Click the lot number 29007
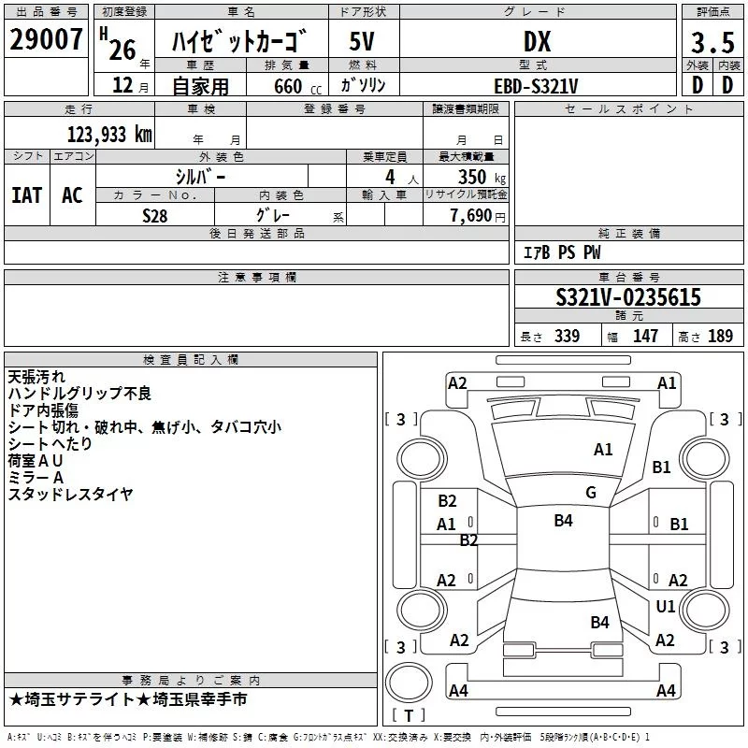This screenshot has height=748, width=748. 47,40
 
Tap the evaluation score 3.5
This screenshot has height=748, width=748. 711,42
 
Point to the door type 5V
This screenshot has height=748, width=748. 364,42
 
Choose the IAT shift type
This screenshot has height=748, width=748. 26,195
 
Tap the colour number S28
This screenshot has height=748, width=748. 154,215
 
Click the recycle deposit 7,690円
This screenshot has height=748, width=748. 477,216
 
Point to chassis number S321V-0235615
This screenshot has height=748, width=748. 627,297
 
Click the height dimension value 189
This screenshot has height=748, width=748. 720,337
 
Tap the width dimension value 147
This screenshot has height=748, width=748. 645,337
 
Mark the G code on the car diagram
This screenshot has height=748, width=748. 591,493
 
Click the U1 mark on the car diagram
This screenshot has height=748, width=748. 665,607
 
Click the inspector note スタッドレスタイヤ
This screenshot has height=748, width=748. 71,495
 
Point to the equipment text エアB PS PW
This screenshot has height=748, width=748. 561,252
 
